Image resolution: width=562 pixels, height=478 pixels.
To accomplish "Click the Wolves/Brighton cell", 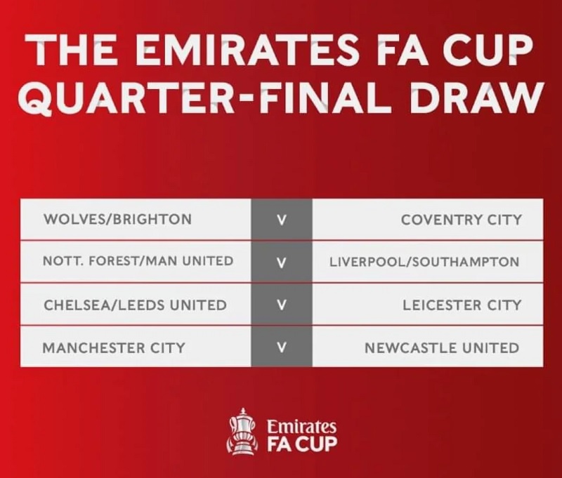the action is (136, 219).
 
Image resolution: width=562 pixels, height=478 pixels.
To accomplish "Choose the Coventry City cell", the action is (428, 219).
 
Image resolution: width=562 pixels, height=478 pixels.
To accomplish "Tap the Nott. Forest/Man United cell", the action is (136, 261).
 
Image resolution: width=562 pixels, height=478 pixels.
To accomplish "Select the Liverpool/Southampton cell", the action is (428, 261).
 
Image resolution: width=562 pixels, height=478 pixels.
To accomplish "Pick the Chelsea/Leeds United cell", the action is (136, 305).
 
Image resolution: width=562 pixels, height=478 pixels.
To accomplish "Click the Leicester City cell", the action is (428, 305).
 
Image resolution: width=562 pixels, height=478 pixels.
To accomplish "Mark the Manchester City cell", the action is (136, 347).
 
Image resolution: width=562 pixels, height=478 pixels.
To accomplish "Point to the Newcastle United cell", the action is (428, 347).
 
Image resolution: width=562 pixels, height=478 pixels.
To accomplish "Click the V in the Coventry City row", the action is (282, 220).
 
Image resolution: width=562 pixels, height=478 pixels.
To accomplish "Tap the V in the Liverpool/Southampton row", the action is (282, 263).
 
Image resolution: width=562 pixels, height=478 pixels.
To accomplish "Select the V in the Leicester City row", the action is (282, 305).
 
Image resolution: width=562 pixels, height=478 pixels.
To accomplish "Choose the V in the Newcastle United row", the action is (282, 347).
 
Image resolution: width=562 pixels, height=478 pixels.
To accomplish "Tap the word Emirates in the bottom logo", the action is (302, 427).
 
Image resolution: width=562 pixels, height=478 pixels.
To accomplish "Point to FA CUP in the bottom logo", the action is (302, 444).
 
